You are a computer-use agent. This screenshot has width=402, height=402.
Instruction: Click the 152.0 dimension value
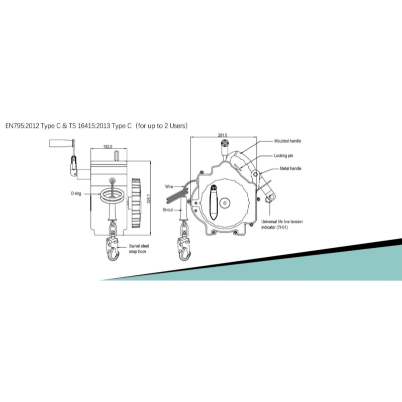click(x=108, y=147)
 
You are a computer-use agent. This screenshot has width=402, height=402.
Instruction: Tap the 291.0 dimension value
click(x=223, y=135)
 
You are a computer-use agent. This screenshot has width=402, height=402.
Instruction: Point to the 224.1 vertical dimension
click(x=148, y=199)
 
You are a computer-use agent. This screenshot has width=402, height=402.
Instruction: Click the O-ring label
click(x=76, y=193)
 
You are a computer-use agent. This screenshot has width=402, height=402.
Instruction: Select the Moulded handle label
click(x=287, y=141)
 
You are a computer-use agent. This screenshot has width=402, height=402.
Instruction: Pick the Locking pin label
click(x=283, y=156)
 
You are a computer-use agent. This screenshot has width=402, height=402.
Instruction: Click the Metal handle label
click(x=290, y=168)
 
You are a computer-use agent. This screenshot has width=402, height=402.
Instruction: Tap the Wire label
click(x=169, y=186)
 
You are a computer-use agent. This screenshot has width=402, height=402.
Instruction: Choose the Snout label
click(x=168, y=210)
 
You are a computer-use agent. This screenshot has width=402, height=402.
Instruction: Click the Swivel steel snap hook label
click(x=139, y=249)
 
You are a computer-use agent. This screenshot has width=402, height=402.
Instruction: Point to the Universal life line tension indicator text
click(x=282, y=224)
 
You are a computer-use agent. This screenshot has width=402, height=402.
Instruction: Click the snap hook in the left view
click(x=113, y=249)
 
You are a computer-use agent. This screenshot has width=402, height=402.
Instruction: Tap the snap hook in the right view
click(x=184, y=249)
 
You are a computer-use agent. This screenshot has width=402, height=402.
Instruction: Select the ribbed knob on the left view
click(x=136, y=203)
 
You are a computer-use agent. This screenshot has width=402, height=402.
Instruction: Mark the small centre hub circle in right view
click(x=225, y=203)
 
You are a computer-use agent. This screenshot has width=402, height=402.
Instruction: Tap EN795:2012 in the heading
click(x=22, y=126)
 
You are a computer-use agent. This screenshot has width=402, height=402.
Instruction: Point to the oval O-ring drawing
click(x=112, y=195)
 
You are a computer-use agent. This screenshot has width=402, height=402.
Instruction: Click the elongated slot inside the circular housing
click(x=214, y=203)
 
